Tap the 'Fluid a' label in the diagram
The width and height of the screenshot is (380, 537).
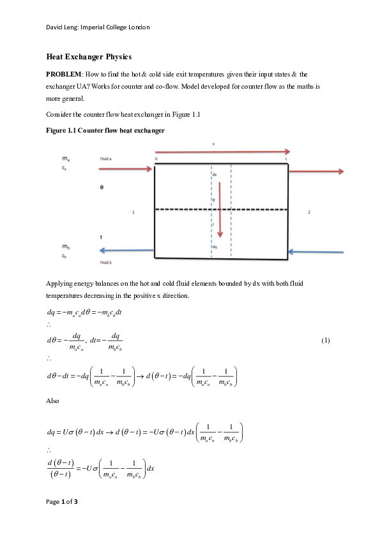tap(106, 158)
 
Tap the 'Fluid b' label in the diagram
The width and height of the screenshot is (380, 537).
tap(105, 261)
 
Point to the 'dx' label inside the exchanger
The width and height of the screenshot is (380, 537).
tap(215, 174)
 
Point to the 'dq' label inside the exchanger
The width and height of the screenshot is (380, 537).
tap(215, 247)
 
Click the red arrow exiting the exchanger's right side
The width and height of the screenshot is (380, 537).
tap(316, 171)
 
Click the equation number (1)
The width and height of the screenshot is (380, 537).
tap(326, 340)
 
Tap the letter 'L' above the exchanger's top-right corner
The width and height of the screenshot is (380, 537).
tap(286, 159)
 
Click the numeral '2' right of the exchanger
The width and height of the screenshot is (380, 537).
tap(308, 212)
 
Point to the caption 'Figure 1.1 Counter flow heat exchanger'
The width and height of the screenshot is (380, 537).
tap(105, 131)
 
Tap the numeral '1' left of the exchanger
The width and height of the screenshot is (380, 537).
tap(133, 212)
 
